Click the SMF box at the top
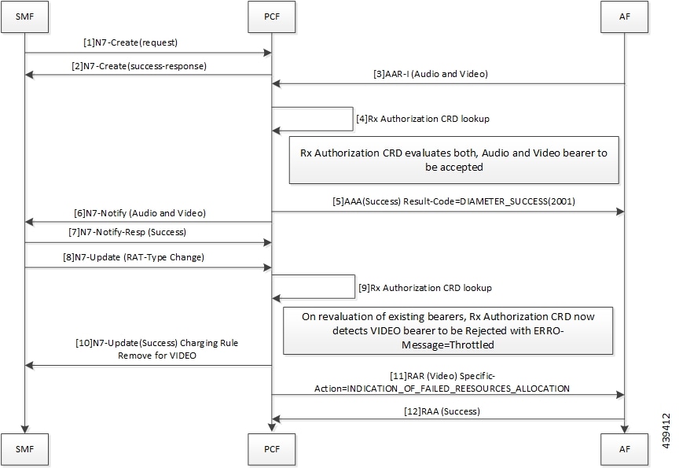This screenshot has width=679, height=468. pos(24,17)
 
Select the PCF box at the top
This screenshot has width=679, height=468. pos(271,17)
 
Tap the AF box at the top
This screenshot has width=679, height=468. pos(625,17)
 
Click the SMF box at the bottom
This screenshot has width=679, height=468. pos(24,449)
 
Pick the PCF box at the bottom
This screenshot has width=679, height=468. pos(271,449)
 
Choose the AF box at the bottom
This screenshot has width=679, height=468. pos(625,449)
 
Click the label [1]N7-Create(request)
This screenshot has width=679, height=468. pos(130,42)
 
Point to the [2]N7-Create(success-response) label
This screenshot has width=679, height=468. pos(139,66)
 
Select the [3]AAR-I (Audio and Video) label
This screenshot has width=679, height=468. pos(431,74)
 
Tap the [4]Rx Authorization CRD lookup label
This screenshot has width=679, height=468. pos(423,119)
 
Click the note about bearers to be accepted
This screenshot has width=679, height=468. pos(453,160)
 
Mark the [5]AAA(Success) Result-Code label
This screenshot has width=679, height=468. pos(453,201)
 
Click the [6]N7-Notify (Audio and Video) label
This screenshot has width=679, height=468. pos(140,213)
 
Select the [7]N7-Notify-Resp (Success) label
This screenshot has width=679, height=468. pos(127,232)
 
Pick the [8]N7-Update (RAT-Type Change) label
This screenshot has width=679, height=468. pos(134,257)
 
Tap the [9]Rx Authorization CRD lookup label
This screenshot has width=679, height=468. pos(425,288)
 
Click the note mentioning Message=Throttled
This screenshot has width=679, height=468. pos(448,330)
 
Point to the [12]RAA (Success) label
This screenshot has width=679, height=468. pos(442,411)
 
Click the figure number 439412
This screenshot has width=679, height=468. pos(666,431)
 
